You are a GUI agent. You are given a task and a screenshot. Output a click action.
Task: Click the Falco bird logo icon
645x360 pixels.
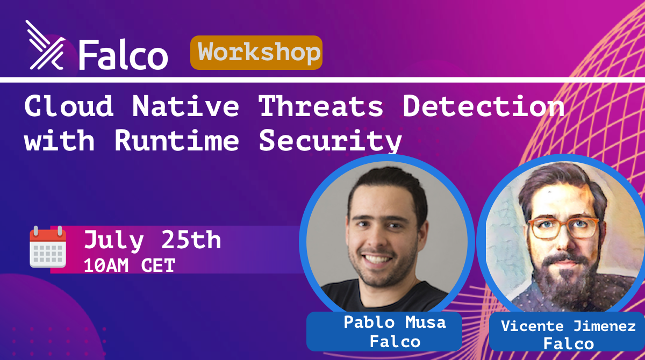coord(46,45)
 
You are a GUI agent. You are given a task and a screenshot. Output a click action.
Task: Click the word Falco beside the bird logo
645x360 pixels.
coord(123,55)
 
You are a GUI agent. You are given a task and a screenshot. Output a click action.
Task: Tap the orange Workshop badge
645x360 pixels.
coord(256,53)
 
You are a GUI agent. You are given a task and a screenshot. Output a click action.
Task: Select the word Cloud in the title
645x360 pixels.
coord(69,106)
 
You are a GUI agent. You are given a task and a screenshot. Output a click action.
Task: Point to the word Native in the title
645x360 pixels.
coord(186,106)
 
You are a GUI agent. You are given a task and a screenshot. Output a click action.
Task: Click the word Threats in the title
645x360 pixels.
coord(321,106)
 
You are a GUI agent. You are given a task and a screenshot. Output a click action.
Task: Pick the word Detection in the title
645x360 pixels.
coord(483,106)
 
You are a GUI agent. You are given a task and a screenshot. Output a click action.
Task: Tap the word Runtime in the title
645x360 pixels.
coord(177,140)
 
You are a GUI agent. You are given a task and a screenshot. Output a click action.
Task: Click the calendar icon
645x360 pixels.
coord(48,247)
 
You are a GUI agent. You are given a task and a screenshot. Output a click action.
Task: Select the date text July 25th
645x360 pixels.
coord(153,240)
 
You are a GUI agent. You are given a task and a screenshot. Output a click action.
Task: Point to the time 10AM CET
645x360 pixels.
coord(130,265)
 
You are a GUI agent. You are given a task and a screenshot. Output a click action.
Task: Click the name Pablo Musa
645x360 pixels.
coord(395,322)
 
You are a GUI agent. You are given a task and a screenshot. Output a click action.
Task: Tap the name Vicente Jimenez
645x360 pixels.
coord(568,326)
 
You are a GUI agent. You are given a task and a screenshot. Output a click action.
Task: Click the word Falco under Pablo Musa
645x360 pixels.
coord(395,342)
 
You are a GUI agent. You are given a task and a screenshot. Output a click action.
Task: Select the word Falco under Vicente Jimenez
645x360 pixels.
coord(569,343)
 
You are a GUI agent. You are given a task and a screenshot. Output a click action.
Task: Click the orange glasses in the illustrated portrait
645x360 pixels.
coord(564,228)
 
